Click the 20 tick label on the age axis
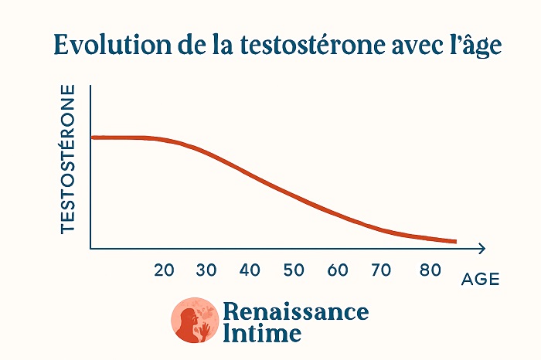click(x=164, y=270)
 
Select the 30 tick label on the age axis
click(x=206, y=270)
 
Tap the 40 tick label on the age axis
click(x=250, y=270)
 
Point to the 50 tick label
click(x=294, y=270)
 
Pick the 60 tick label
click(x=338, y=270)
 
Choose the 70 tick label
click(x=381, y=270)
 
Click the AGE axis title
click(x=480, y=280)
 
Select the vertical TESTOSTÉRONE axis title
click(x=68, y=159)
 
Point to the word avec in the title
click(x=411, y=45)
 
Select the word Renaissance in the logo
click(x=295, y=311)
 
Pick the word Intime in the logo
click(x=261, y=334)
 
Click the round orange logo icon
click(x=194, y=321)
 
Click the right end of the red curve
click(x=455, y=242)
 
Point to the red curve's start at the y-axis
click(x=93, y=138)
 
